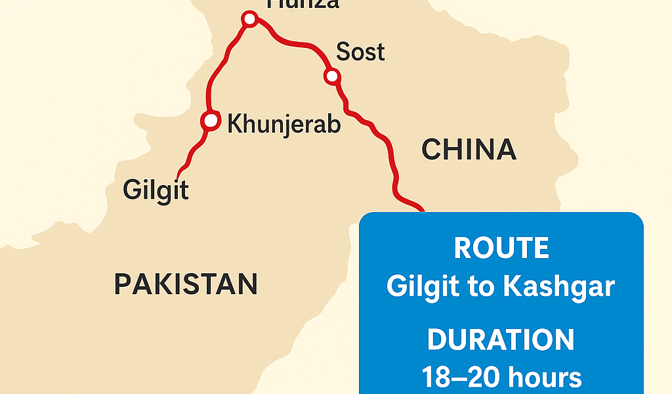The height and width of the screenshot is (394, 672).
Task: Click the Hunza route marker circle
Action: point(249,19)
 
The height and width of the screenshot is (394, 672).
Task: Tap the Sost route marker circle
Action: point(332,77)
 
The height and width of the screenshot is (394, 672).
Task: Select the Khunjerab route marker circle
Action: point(210,121)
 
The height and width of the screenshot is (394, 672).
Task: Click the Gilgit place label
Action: point(156,190)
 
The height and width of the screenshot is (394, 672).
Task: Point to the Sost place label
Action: point(360,52)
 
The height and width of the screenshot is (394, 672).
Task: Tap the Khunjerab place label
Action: point(283,123)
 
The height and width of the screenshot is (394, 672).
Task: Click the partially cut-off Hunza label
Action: point(302,4)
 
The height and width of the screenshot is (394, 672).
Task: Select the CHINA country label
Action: point(469,150)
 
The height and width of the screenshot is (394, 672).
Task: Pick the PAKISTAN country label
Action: point(186,284)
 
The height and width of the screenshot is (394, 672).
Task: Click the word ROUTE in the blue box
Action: point(501,249)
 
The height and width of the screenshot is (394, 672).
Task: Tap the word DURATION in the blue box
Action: point(501,340)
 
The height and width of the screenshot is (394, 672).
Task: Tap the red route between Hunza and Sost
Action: point(295,45)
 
